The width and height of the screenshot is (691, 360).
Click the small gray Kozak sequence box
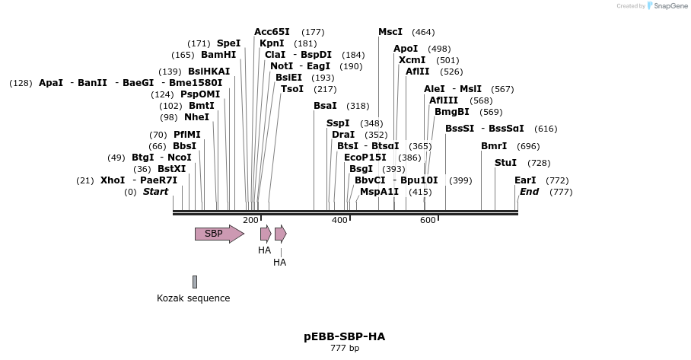(195, 282)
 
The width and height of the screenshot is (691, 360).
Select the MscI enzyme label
(390, 32)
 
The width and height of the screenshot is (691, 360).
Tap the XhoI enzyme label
(113, 180)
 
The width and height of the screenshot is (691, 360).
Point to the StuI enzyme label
(505, 163)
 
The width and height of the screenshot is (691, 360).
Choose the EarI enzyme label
(525, 180)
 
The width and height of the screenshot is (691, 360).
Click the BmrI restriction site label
(494, 146)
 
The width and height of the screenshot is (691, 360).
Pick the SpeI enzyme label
(228, 43)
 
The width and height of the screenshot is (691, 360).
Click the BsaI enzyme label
(325, 106)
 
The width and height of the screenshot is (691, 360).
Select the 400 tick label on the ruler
(339, 220)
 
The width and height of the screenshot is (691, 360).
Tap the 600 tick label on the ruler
(428, 220)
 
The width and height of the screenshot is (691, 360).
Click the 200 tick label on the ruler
(250, 220)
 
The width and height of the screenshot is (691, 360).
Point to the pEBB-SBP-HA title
(344, 336)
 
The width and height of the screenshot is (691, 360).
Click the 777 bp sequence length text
(344, 349)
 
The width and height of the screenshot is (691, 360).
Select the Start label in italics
(155, 192)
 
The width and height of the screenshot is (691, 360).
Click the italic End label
(529, 192)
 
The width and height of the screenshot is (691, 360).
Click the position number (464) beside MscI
(423, 32)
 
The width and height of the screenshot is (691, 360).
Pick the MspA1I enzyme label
(379, 192)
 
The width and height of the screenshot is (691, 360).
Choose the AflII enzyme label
(417, 72)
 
